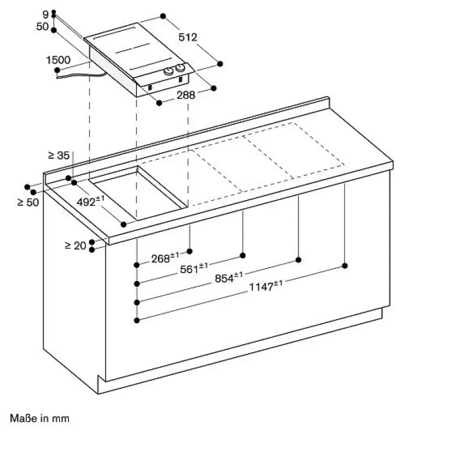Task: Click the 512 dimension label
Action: pyautogui.click(x=188, y=37)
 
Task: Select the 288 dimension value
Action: pyautogui.click(x=186, y=95)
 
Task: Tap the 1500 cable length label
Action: pyautogui.click(x=58, y=60)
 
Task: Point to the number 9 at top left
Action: pyautogui.click(x=46, y=14)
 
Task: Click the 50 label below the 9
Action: pyautogui.click(x=42, y=26)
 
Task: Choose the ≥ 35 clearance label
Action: pyautogui.click(x=59, y=155)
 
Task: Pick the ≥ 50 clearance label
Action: pyautogui.click(x=28, y=202)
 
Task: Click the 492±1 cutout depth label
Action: pyautogui.click(x=91, y=201)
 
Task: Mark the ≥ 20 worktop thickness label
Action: pyautogui.click(x=75, y=246)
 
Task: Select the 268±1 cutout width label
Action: pyautogui.click(x=165, y=258)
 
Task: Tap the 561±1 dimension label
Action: pyautogui.click(x=194, y=268)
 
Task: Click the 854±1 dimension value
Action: pyautogui.click(x=229, y=278)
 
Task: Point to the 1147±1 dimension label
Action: pyautogui.click(x=266, y=286)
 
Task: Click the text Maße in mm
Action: pyautogui.click(x=39, y=418)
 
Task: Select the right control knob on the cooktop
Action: pyautogui.click(x=180, y=68)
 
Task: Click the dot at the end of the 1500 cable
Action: pyautogui.click(x=58, y=70)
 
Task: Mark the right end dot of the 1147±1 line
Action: pyautogui.click(x=345, y=266)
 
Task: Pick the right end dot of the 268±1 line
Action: pyautogui.click(x=190, y=251)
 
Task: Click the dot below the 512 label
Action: pyautogui.click(x=220, y=64)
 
